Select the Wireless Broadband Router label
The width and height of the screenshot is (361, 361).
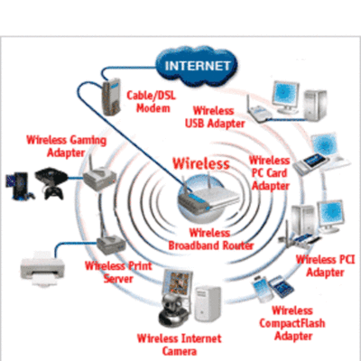tap(209, 238)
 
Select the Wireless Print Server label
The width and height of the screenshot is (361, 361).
tap(108, 273)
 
